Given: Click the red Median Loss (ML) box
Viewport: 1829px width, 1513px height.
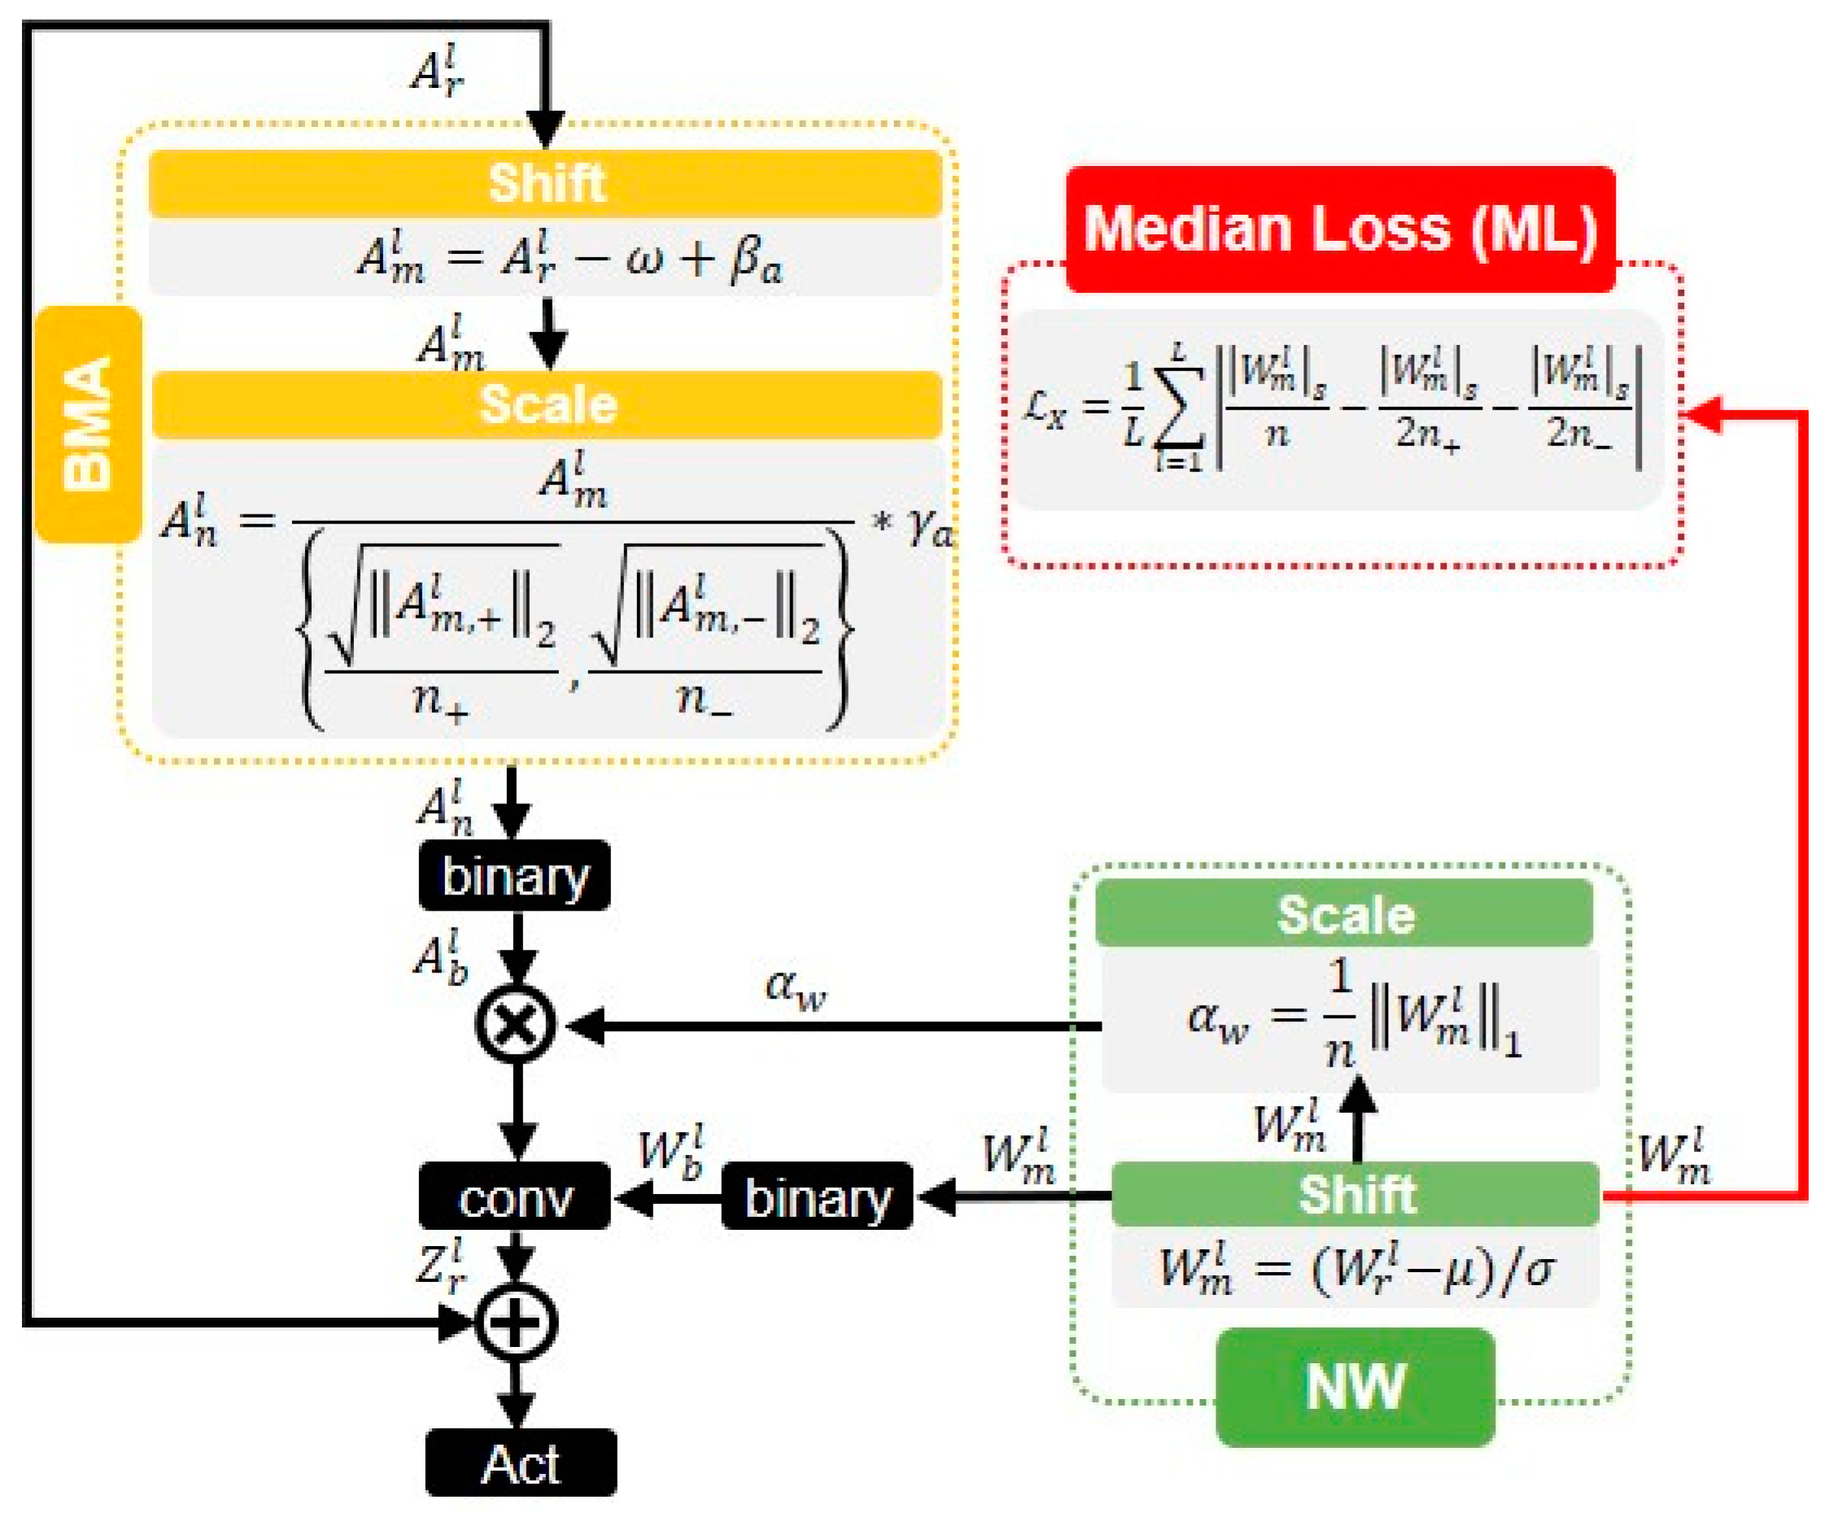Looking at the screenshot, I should [x=1339, y=229].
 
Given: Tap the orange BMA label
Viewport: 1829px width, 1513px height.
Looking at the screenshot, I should [x=88, y=424].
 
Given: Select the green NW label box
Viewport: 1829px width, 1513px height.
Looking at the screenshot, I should [x=1355, y=1387].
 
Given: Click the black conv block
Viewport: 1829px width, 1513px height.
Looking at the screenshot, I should [x=515, y=1198].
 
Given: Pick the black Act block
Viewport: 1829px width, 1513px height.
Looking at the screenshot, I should [x=521, y=1464].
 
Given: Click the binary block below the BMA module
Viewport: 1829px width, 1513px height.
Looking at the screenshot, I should [x=515, y=876].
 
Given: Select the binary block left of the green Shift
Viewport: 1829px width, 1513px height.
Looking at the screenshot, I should [x=817, y=1198].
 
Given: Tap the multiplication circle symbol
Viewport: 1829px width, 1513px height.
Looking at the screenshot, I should [x=516, y=1025].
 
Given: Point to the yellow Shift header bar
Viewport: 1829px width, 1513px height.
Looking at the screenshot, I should [x=545, y=184].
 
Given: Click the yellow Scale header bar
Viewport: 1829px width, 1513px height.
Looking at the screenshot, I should [x=547, y=405].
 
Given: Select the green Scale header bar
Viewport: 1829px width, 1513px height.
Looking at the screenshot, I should [x=1345, y=914].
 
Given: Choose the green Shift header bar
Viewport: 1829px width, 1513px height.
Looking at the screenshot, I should [x=1355, y=1194].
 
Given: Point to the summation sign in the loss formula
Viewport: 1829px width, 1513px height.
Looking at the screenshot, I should [x=1179, y=409].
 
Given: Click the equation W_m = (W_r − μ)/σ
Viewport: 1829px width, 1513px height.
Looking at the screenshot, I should [x=1355, y=1270].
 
